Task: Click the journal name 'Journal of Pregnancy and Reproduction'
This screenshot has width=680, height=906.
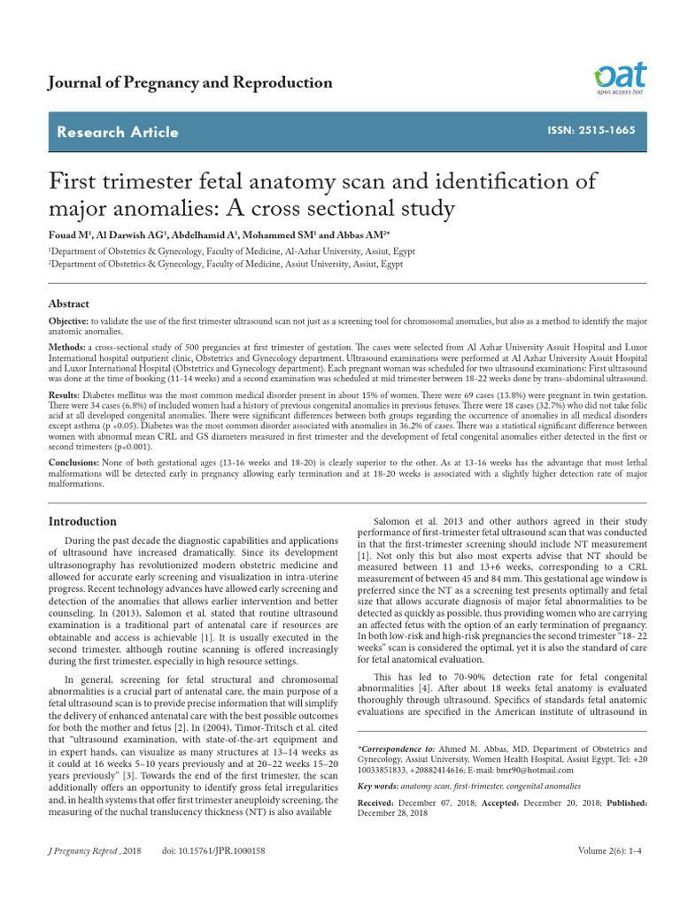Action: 189,83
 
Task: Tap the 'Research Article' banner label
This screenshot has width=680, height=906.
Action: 117,133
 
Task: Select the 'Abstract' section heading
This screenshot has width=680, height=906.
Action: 69,303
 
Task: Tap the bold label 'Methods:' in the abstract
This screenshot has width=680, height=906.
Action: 66,348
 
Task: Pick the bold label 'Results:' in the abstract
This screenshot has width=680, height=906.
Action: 64,395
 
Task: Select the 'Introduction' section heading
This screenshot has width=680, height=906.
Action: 81,521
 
